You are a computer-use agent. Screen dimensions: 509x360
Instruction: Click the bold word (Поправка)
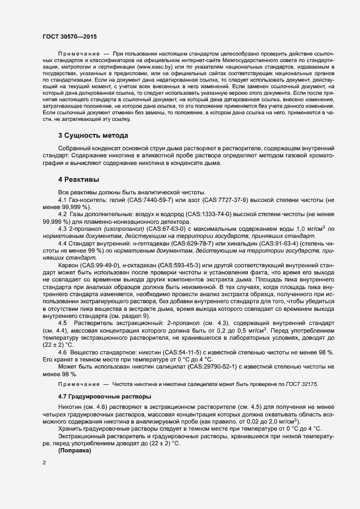(x=77, y=452)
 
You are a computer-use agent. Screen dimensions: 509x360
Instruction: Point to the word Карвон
(x=69, y=264)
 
